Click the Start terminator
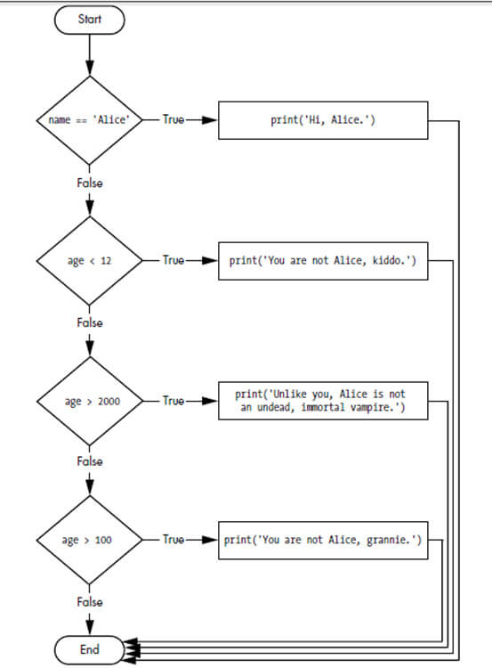90,19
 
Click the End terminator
90,649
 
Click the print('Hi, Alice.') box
322,120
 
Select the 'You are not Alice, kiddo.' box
322,261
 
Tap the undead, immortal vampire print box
322,401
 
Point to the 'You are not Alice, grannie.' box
322,540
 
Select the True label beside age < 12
173,261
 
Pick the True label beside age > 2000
173,401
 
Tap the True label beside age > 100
173,540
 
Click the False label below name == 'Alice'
90,183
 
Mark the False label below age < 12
90,322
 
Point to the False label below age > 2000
90,461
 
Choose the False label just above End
90,602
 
